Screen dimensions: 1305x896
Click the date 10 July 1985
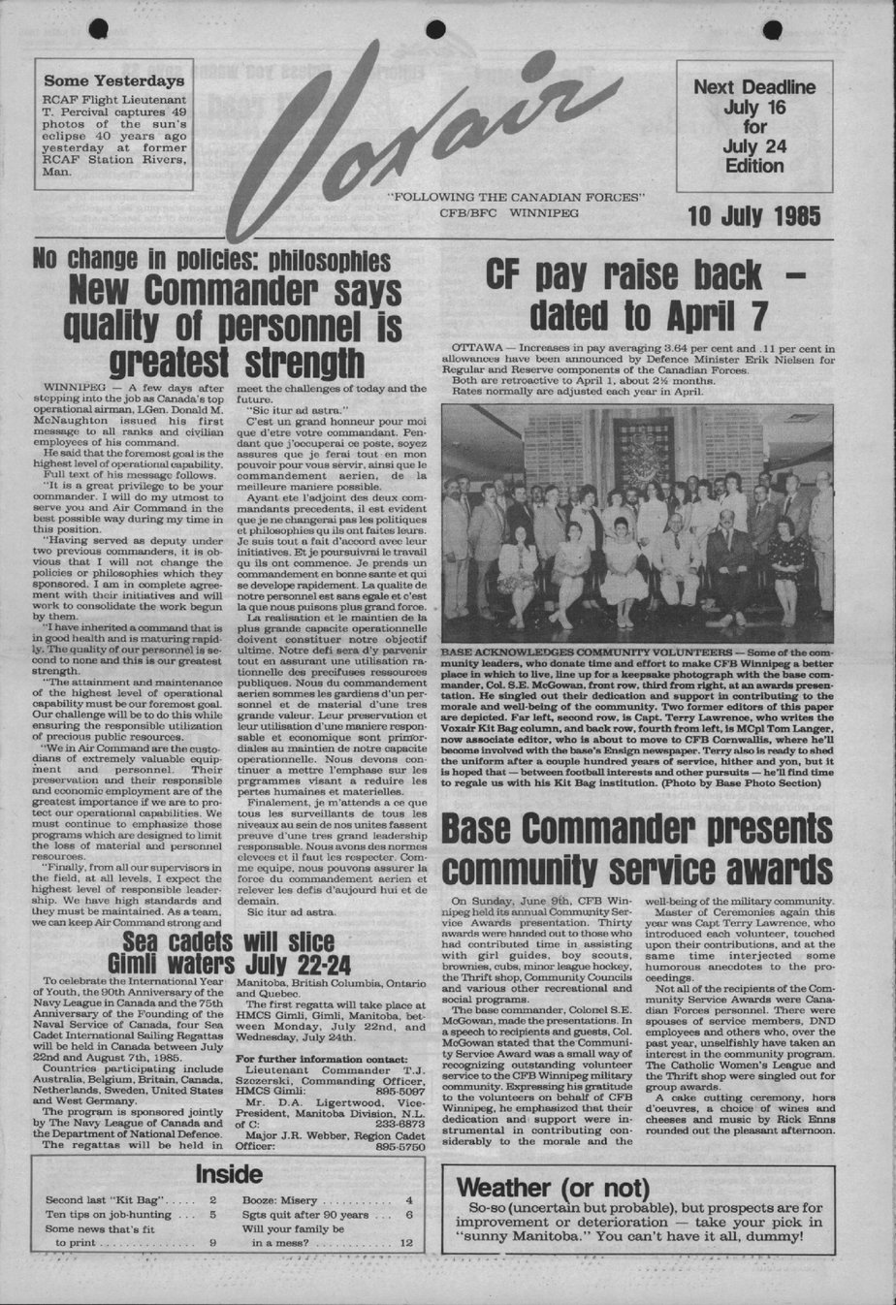click(754, 215)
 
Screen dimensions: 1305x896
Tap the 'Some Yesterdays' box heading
click(113, 80)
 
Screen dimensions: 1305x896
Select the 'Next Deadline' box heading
click(753, 87)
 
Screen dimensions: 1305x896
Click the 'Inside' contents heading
click(227, 1174)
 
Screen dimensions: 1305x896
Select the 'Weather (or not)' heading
click(539, 1188)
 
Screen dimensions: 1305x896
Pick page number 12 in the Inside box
click(405, 1243)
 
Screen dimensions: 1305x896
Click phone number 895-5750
click(400, 1147)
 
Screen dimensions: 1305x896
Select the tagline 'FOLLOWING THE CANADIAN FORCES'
click(515, 196)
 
